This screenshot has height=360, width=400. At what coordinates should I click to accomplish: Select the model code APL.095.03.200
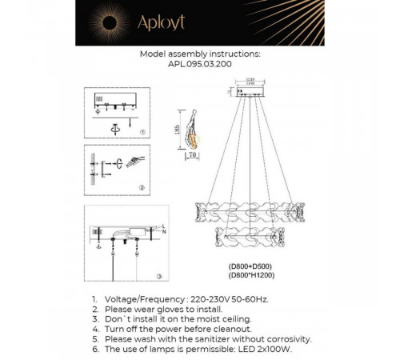[200, 66]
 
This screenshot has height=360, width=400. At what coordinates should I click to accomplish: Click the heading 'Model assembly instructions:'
[200, 55]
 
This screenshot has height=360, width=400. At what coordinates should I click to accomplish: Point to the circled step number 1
[142, 131]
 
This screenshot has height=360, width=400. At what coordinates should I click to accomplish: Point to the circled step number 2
[142, 187]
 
